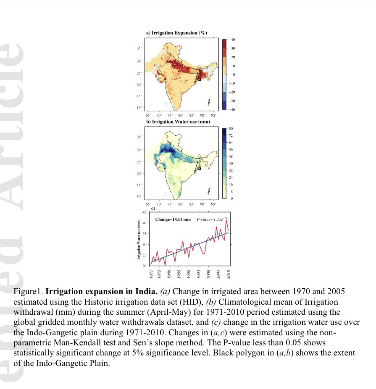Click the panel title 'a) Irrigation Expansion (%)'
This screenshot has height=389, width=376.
point(176,33)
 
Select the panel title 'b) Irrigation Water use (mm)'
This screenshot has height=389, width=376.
point(178,122)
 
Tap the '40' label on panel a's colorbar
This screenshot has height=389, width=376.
point(232,39)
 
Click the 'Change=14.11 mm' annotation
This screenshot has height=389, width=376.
point(173,219)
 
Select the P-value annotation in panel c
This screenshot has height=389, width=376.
point(212,219)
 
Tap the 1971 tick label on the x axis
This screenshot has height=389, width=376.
point(152,274)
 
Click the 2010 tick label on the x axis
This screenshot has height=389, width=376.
point(228,274)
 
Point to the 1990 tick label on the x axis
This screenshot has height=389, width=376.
point(189,274)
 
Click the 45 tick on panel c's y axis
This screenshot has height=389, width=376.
point(144,212)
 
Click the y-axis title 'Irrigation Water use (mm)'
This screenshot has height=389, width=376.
point(139,239)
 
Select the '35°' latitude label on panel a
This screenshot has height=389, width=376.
point(139,48)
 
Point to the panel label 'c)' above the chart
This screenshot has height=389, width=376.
point(153,209)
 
